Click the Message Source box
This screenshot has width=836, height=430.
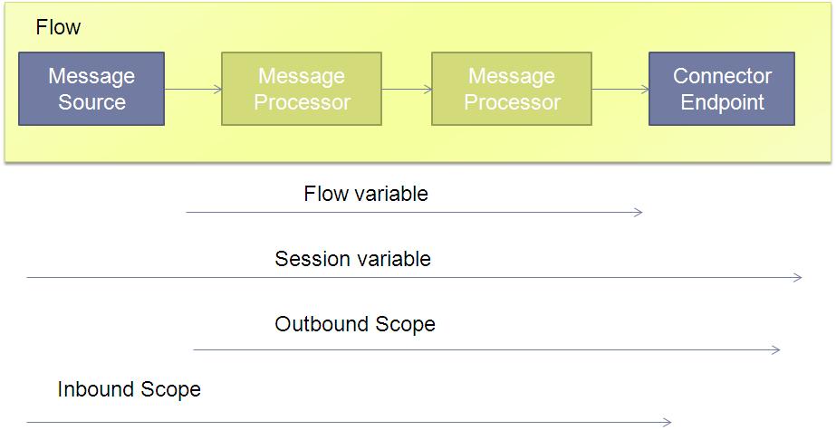pyautogui.click(x=91, y=89)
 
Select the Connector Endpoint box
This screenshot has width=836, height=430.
pyautogui.click(x=721, y=89)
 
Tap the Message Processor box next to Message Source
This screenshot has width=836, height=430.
pyautogui.click(x=302, y=89)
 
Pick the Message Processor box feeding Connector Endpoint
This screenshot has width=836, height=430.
pyautogui.click(x=512, y=89)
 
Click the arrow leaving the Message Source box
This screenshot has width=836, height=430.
pyautogui.click(x=193, y=90)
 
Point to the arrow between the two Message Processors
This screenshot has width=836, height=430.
pyautogui.click(x=407, y=90)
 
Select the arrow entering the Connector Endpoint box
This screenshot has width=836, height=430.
pyautogui.click(x=620, y=90)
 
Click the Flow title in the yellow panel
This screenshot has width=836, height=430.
pyautogui.click(x=58, y=27)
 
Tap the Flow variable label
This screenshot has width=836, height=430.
pyautogui.click(x=366, y=194)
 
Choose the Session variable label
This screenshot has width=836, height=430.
pyautogui.click(x=352, y=259)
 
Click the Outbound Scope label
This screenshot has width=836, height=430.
pyautogui.click(x=354, y=324)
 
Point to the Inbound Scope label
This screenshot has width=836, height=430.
pyautogui.click(x=129, y=389)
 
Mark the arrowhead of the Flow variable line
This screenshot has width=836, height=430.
pyautogui.click(x=639, y=213)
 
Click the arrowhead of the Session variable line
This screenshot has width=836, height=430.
pyautogui.click(x=798, y=278)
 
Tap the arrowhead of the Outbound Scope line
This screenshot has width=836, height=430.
pyautogui.click(x=776, y=350)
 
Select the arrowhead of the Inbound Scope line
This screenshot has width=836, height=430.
pyautogui.click(x=667, y=423)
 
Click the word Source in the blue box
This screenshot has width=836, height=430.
pyautogui.click(x=91, y=101)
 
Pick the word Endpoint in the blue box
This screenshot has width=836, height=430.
pyautogui.click(x=723, y=101)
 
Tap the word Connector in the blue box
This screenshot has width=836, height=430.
pyautogui.click(x=722, y=76)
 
